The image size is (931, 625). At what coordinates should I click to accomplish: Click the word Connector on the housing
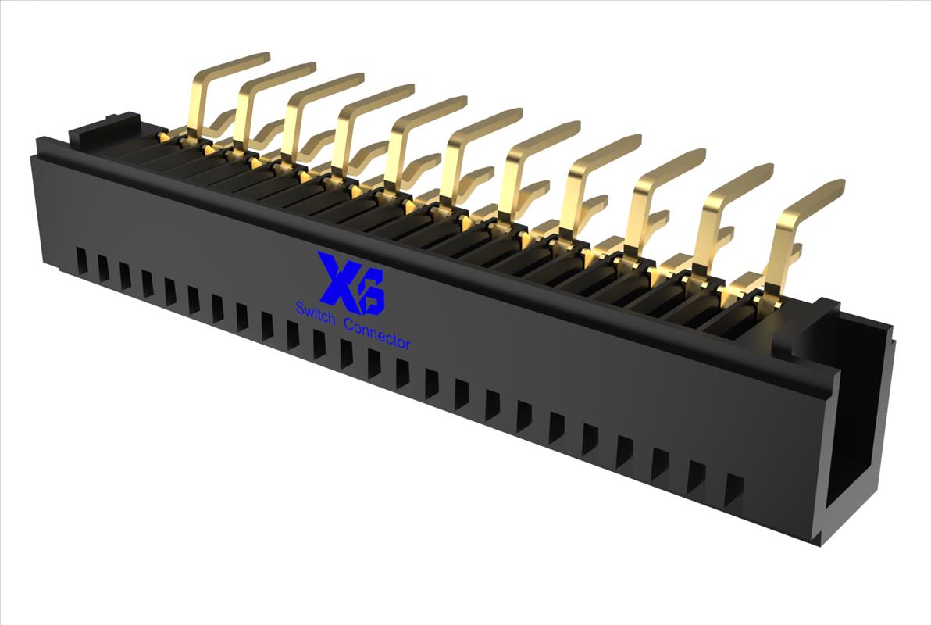[x=377, y=334]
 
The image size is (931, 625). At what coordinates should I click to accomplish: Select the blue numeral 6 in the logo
[x=370, y=291]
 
